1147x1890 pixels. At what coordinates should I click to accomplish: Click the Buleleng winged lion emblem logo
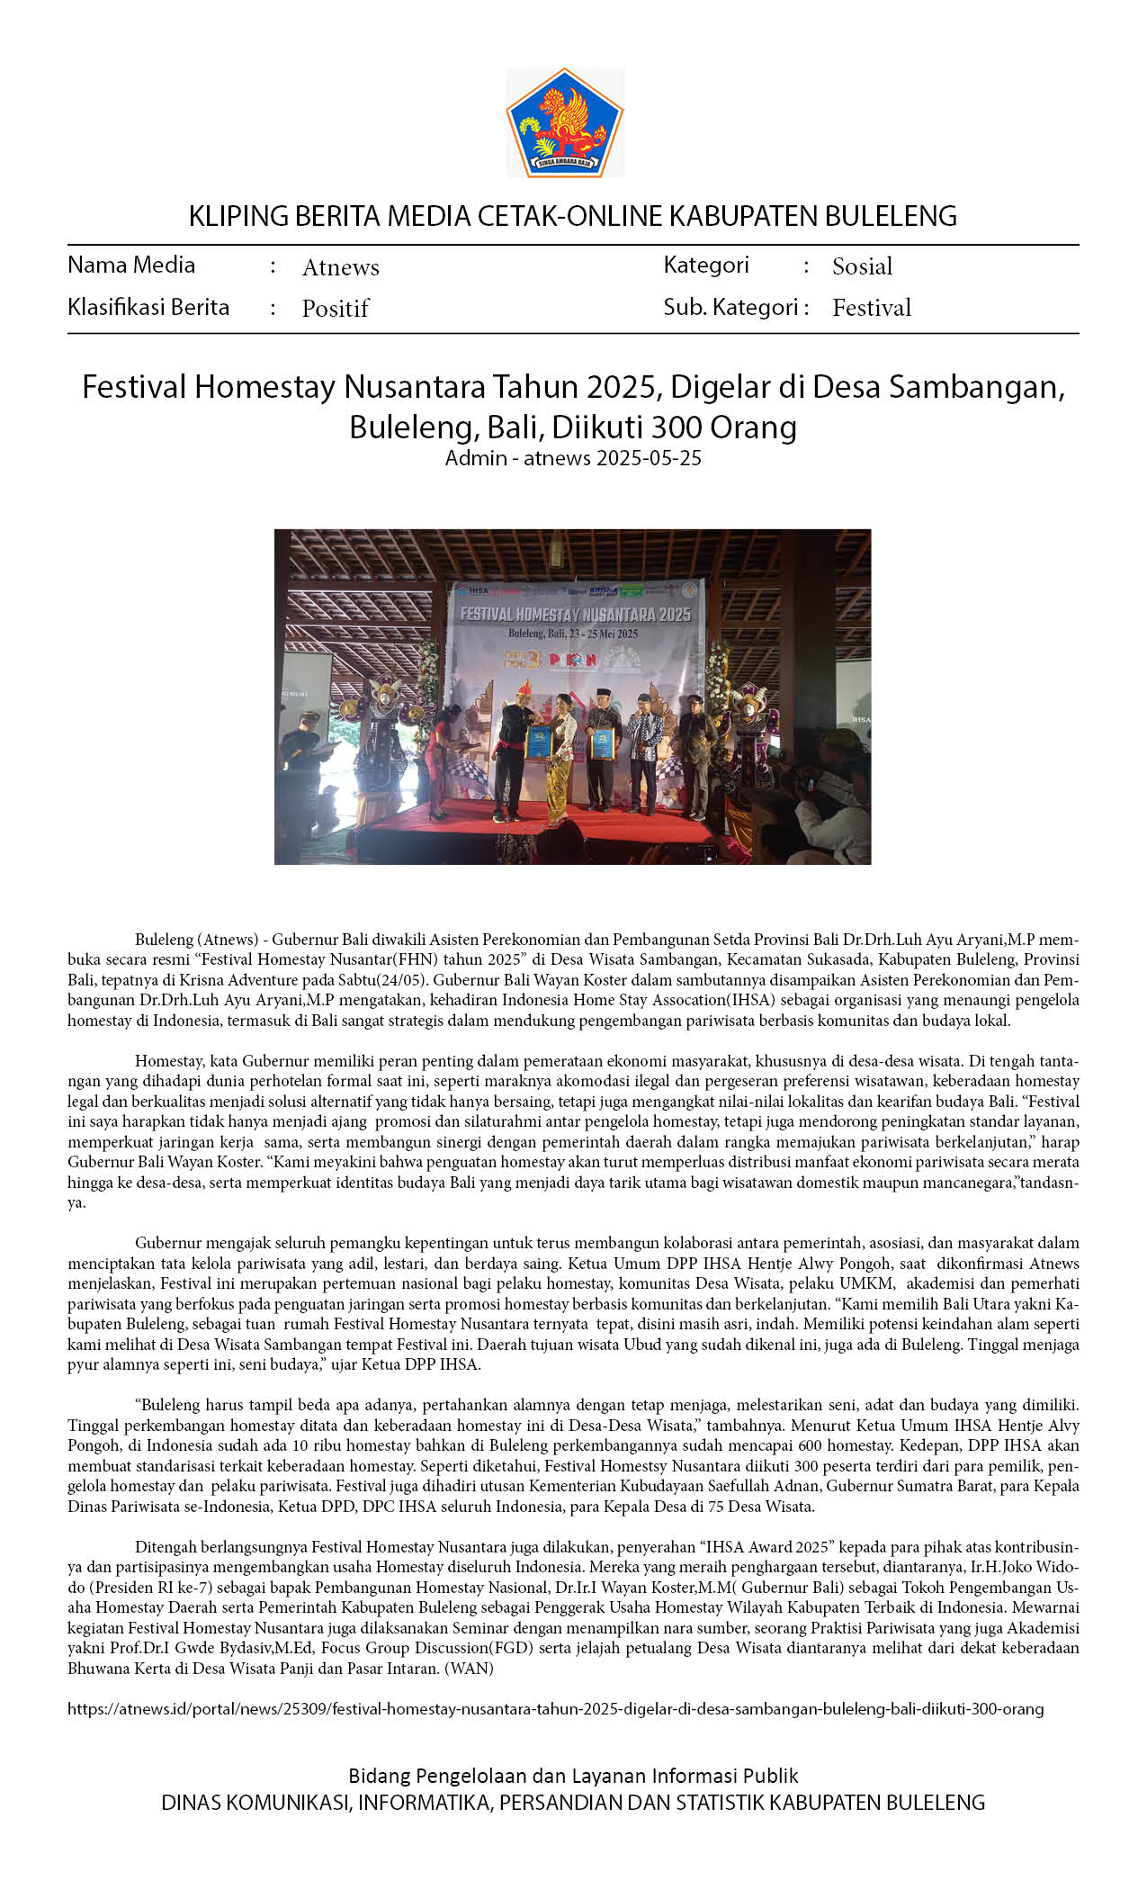[x=565, y=122]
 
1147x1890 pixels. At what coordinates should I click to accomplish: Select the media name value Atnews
[x=340, y=267]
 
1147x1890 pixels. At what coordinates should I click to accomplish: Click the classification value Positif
[x=335, y=309]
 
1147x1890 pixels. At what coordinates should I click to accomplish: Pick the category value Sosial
[x=862, y=266]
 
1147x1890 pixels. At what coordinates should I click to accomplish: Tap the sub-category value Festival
[x=871, y=308]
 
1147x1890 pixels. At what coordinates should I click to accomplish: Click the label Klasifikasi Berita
[x=148, y=307]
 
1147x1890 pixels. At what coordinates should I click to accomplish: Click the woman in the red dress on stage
[x=444, y=756]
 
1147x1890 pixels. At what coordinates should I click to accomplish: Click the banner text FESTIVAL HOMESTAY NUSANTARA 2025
[x=575, y=615]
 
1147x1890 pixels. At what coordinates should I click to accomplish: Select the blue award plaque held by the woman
[x=539, y=742]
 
